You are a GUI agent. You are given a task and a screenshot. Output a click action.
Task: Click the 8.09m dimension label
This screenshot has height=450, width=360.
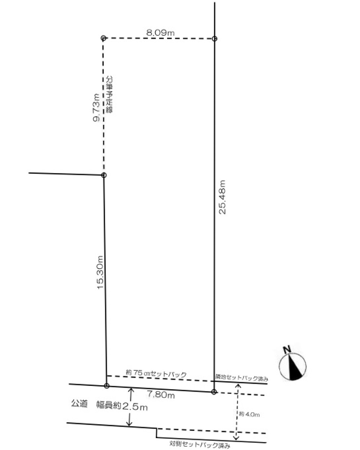tap(160, 33)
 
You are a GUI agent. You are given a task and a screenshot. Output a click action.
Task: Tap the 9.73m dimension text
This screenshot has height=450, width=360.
tap(96, 108)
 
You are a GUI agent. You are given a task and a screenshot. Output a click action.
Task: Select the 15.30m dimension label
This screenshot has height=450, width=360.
tap(100, 272)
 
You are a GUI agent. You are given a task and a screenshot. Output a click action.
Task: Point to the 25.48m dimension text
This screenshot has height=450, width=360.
tap(222, 197)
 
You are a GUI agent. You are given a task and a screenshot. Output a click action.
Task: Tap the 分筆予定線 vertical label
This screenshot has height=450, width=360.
tap(109, 95)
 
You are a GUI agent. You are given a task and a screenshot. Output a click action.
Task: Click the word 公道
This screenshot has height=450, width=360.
tap(79, 403)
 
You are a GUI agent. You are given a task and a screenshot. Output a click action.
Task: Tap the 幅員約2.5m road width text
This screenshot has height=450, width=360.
tap(122, 406)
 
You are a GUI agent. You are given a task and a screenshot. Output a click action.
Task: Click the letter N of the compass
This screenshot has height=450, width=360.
tap(287, 350)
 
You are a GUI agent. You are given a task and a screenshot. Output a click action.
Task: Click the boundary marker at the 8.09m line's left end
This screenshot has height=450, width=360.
tap(103, 38)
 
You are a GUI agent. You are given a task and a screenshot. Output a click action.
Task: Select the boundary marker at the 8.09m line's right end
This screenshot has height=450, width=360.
tap(215, 39)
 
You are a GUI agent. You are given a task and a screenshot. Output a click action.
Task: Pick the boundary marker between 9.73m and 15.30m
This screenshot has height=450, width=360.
tap(104, 175)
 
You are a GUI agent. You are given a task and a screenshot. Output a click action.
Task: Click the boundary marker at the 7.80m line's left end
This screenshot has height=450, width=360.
tap(107, 386)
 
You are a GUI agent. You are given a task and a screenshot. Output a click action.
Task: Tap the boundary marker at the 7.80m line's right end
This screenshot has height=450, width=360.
tap(214, 392)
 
